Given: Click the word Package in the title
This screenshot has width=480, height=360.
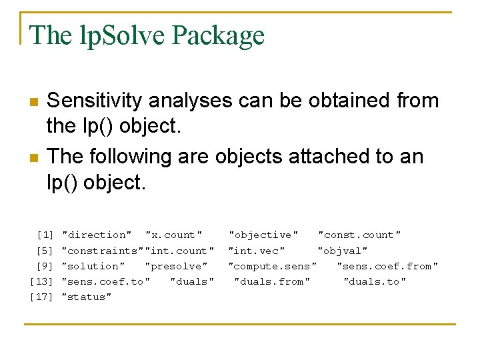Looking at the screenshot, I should tap(218, 35).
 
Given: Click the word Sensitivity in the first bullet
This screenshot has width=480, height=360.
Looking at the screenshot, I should tap(95, 101).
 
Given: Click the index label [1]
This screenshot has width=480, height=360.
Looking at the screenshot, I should tap(45, 235).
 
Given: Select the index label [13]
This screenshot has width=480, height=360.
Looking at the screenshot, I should tap(41, 281).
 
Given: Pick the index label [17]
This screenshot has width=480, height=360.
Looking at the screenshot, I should tap(41, 297).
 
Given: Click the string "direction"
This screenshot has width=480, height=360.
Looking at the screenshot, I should tap(97, 235).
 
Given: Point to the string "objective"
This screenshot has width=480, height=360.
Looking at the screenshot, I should tap(263, 235).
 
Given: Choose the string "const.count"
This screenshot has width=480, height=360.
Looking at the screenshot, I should tap(359, 235).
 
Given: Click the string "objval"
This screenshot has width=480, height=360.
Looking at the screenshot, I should tap(343, 251).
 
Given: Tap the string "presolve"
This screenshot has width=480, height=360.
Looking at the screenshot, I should tap(177, 266).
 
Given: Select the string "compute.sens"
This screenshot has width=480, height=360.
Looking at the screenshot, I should tap(273, 266).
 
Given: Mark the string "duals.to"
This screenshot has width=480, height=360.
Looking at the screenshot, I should tap(375, 281).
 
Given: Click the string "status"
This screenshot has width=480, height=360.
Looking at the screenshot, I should tap(87, 297).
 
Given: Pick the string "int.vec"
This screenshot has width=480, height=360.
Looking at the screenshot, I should tap(257, 251).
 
